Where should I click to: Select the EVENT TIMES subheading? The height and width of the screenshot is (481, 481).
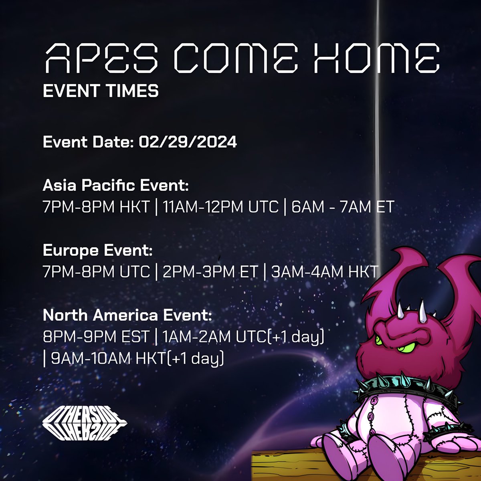click(x=101, y=91)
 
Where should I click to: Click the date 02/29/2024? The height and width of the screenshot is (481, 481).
click(x=188, y=142)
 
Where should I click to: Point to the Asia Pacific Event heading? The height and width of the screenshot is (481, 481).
click(x=115, y=186)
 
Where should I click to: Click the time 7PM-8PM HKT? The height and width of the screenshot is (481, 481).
click(x=96, y=207)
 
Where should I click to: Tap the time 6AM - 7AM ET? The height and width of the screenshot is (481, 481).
click(x=343, y=207)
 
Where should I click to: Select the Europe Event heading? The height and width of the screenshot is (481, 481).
click(x=98, y=251)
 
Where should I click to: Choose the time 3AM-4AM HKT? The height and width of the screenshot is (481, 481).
click(x=324, y=272)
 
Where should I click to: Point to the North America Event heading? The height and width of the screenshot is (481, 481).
click(x=127, y=315)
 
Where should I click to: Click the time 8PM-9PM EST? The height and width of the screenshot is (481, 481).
click(x=96, y=337)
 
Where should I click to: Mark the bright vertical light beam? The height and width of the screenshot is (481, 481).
click(x=376, y=120)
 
